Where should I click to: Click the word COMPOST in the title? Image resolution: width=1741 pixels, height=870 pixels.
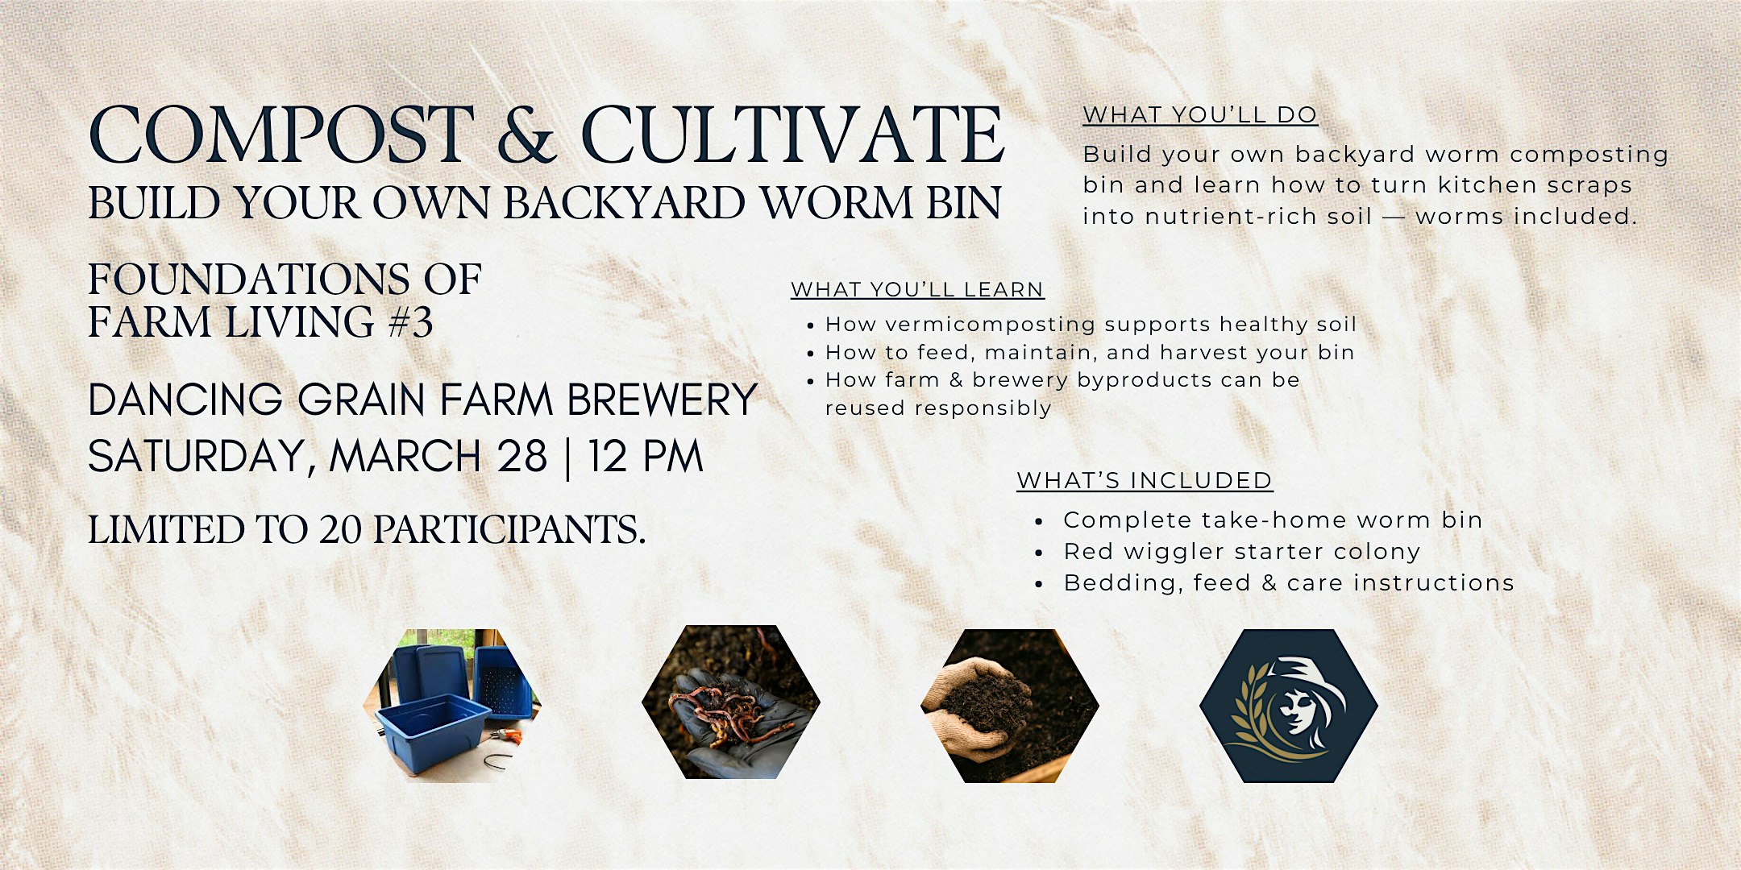(280, 135)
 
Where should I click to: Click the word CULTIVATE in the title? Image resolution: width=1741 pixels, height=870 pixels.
(792, 135)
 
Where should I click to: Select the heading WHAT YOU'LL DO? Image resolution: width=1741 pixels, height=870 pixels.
(1200, 115)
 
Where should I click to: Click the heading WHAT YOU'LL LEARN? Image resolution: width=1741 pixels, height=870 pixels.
(917, 289)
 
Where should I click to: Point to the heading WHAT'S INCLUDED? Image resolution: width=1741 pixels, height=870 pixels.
(1145, 480)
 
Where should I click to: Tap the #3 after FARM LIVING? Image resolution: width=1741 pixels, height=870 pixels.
(410, 322)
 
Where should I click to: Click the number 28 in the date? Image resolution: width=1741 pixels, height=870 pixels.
(522, 457)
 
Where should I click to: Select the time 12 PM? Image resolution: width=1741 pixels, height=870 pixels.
(645, 457)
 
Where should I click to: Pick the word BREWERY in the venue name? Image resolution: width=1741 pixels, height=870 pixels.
(662, 400)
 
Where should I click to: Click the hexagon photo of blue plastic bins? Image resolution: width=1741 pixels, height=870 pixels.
(452, 706)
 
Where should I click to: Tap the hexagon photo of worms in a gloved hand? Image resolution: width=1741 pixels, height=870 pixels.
(731, 702)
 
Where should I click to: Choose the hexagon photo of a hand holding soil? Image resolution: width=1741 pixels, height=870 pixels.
(1009, 706)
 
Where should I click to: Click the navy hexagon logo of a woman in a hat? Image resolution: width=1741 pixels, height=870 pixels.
(1288, 706)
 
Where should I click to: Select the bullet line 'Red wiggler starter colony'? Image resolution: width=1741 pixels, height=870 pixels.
(1241, 552)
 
